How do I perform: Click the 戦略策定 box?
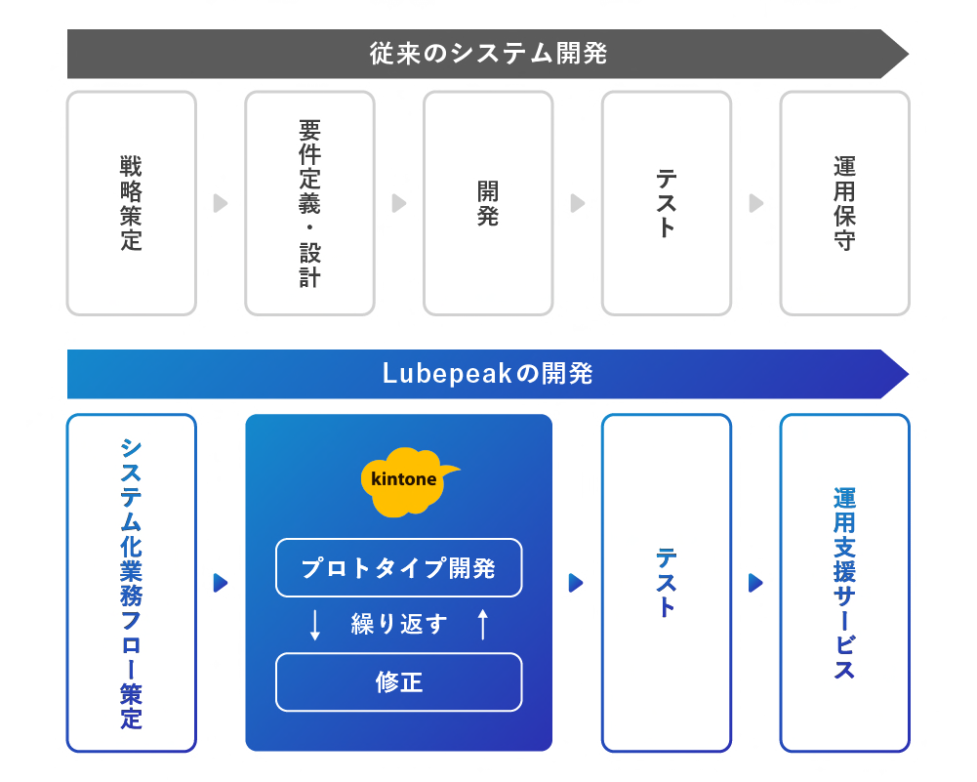(x=131, y=203)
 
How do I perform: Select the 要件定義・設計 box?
(x=309, y=203)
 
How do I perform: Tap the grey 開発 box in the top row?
(x=488, y=203)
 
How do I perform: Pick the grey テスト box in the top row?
(x=666, y=203)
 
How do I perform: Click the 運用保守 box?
(x=844, y=203)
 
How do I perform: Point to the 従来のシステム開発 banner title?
(x=488, y=54)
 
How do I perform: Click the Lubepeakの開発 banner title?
(x=488, y=374)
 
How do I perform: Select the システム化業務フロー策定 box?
(x=131, y=583)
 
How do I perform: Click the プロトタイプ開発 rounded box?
(x=398, y=567)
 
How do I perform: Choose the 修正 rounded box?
(x=398, y=681)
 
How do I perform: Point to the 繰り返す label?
(x=398, y=624)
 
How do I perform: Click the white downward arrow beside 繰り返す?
(x=314, y=625)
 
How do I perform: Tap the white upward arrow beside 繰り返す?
(x=482, y=624)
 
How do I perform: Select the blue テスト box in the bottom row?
(x=666, y=583)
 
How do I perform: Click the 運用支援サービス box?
(x=844, y=583)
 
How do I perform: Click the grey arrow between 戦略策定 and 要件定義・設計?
(x=221, y=203)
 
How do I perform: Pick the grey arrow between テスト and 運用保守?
(x=755, y=203)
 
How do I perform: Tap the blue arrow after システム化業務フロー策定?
(x=221, y=583)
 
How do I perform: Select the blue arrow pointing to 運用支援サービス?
(x=755, y=583)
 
